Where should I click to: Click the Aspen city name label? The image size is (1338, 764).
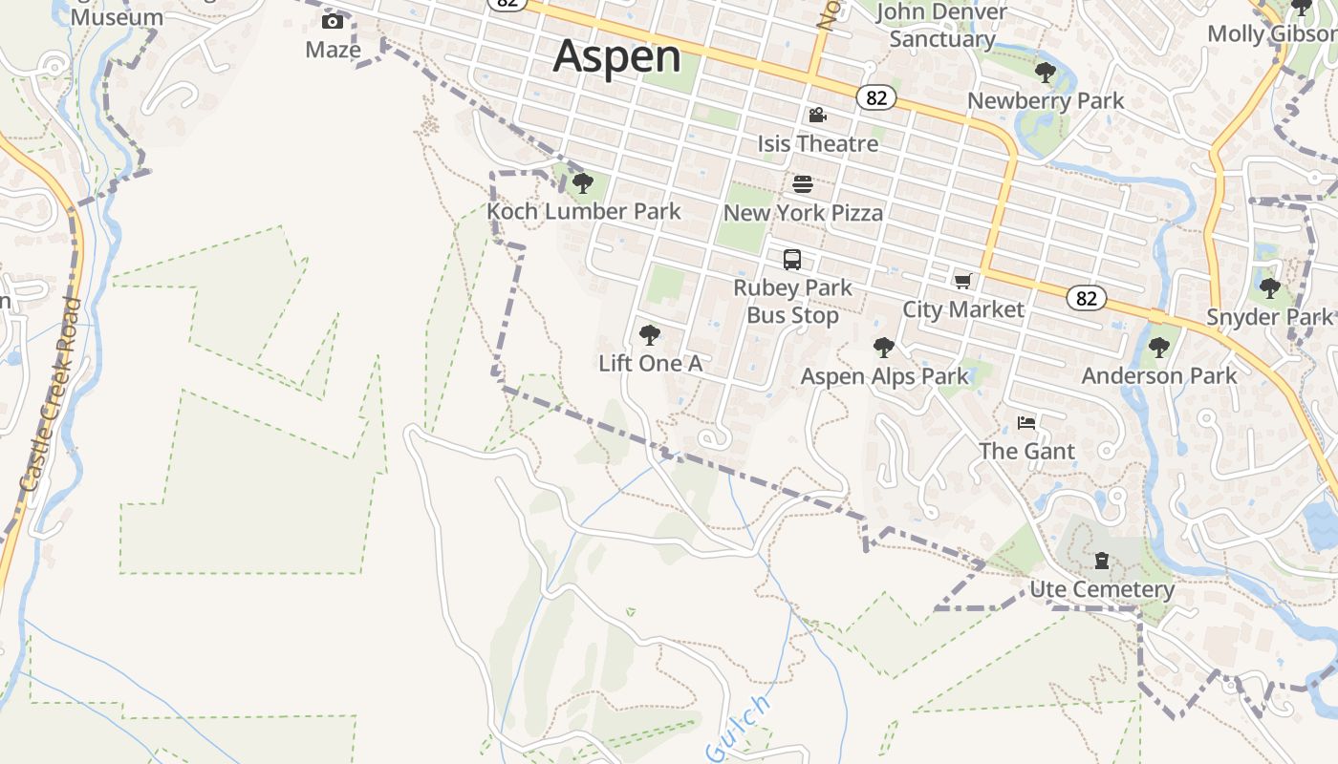(x=616, y=56)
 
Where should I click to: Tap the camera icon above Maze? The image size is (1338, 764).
(x=333, y=21)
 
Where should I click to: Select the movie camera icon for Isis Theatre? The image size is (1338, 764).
(x=817, y=116)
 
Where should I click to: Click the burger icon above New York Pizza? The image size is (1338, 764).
(x=803, y=184)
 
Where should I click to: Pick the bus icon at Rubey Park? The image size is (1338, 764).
(x=792, y=259)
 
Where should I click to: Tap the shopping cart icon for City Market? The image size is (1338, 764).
(x=962, y=281)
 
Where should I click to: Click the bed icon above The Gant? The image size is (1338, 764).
(x=1026, y=422)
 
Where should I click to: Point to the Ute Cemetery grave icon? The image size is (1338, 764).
(x=1102, y=561)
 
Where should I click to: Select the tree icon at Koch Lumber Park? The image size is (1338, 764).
(x=582, y=182)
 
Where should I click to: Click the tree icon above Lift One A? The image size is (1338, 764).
(x=650, y=334)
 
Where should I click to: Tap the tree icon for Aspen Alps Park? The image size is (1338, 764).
(x=884, y=348)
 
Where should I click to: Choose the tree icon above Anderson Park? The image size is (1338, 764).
(x=1159, y=347)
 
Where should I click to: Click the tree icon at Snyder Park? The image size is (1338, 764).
(x=1269, y=287)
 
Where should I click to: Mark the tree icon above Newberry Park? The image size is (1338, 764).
(x=1046, y=72)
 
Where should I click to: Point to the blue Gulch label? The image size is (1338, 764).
(x=738, y=729)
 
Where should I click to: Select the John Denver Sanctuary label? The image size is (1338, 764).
(x=941, y=26)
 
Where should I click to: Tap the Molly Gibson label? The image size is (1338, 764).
(x=1271, y=34)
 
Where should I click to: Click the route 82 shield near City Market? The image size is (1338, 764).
(x=1087, y=299)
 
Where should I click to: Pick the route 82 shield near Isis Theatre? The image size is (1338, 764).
(x=876, y=97)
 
